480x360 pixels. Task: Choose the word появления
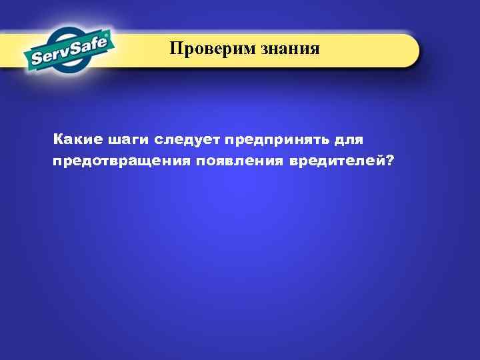tap(239, 161)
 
